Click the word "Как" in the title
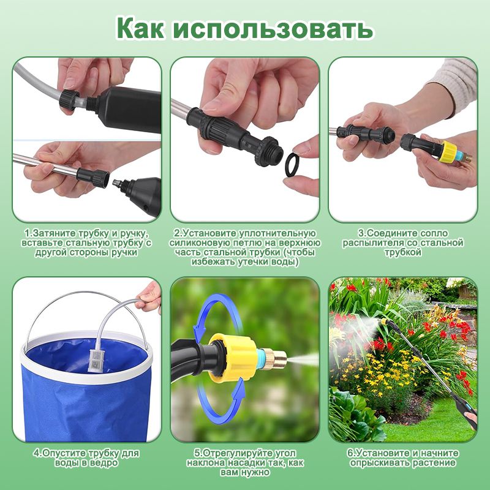[x=140, y=28]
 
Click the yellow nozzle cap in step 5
[x=232, y=358]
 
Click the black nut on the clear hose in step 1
[x=69, y=100]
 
